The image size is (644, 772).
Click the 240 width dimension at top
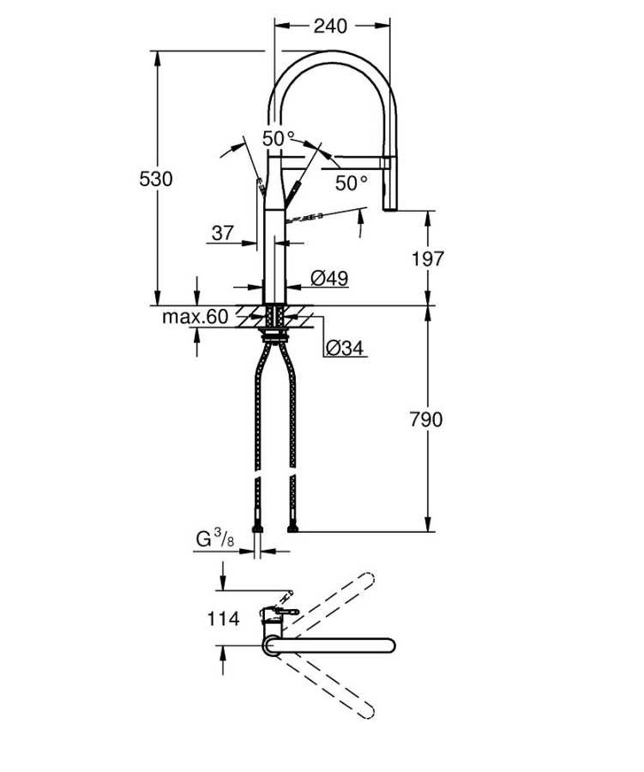click(x=330, y=25)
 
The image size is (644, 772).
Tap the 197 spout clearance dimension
click(x=428, y=259)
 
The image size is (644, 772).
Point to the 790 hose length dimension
click(x=427, y=419)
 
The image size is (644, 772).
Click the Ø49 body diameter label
click(x=329, y=278)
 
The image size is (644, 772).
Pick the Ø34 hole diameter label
click(x=344, y=348)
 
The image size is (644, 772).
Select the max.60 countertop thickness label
click(x=195, y=317)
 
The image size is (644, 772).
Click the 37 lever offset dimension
click(x=223, y=233)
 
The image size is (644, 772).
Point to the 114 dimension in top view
click(x=223, y=619)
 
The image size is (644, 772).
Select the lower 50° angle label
click(x=352, y=184)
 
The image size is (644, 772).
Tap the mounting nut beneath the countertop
click(x=275, y=336)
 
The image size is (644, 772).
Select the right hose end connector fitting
click(x=292, y=529)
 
